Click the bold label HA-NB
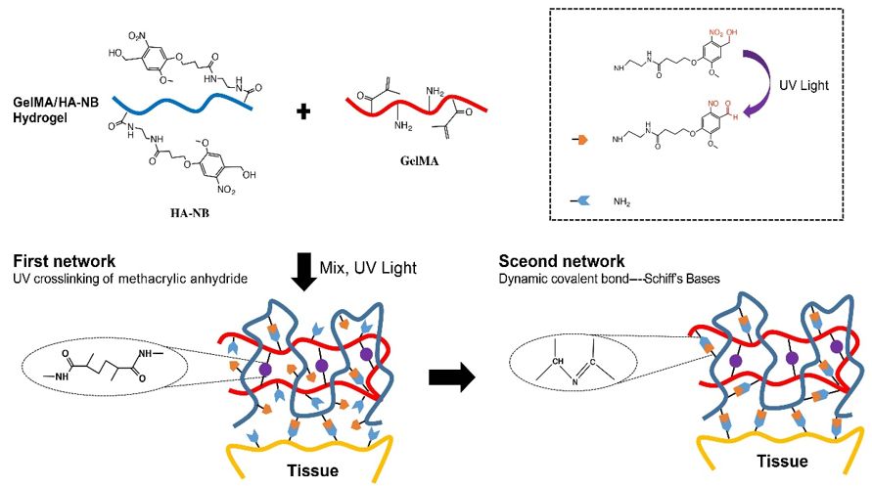tap(190, 212)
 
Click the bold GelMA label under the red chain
tap(419, 161)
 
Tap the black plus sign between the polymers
tap(303, 111)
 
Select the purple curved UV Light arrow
tap(759, 83)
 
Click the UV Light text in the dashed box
tap(803, 85)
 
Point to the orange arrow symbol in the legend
tap(580, 140)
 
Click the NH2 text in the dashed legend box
tap(621, 201)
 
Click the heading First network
tap(65, 261)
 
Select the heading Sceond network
tap(562, 261)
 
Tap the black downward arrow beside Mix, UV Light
tap(303, 272)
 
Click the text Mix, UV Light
tap(368, 268)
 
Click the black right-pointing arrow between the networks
tap(451, 377)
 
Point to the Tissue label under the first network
tap(312, 471)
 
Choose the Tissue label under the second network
tap(782, 461)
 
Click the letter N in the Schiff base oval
tap(574, 382)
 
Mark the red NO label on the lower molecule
tap(713, 104)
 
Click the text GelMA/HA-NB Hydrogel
tap(56, 110)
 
